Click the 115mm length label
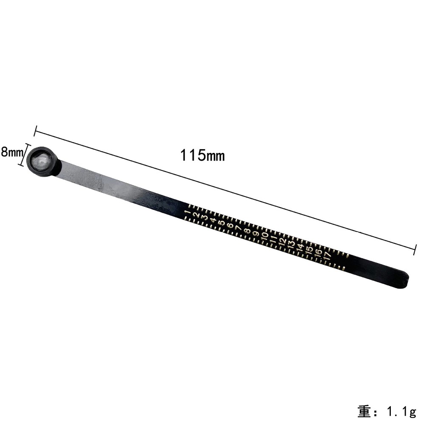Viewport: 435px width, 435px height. tap(202, 155)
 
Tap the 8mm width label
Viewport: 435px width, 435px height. tap(12, 152)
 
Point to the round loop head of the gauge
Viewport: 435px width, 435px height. tap(43, 161)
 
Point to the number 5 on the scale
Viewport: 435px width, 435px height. tap(221, 223)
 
